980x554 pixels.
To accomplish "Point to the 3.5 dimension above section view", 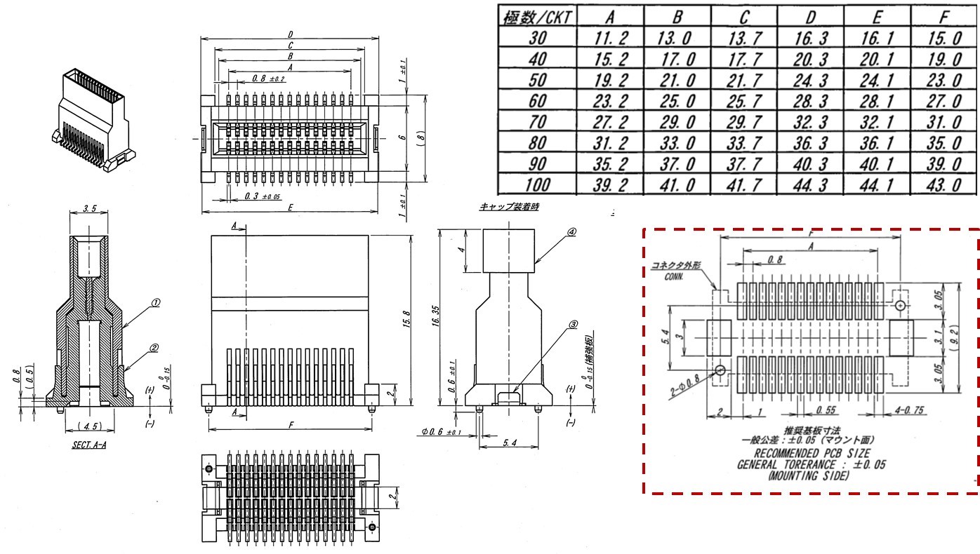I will point(90,209).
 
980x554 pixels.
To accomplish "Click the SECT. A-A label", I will point(89,445).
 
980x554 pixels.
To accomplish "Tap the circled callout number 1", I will point(156,303).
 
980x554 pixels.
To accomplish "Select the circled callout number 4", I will point(571,232).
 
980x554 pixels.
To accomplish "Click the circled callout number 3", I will point(572,325).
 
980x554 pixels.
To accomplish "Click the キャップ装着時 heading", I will point(509,207).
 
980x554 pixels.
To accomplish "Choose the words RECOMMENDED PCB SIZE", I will point(807,454).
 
